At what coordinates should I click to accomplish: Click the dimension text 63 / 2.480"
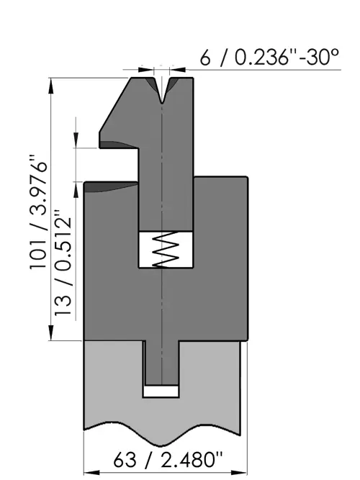[x=167, y=459]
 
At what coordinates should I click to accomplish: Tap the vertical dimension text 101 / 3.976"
[x=39, y=212]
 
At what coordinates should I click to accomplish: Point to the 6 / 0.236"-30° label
[x=269, y=57]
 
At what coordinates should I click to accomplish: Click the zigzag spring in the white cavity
[x=166, y=249]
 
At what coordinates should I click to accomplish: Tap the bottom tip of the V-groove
[x=162, y=104]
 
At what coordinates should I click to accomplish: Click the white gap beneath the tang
[x=161, y=391]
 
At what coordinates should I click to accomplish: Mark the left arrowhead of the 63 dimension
[x=91, y=473]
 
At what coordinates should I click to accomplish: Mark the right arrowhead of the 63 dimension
[x=239, y=473]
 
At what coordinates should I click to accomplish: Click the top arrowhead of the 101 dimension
[x=51, y=86]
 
